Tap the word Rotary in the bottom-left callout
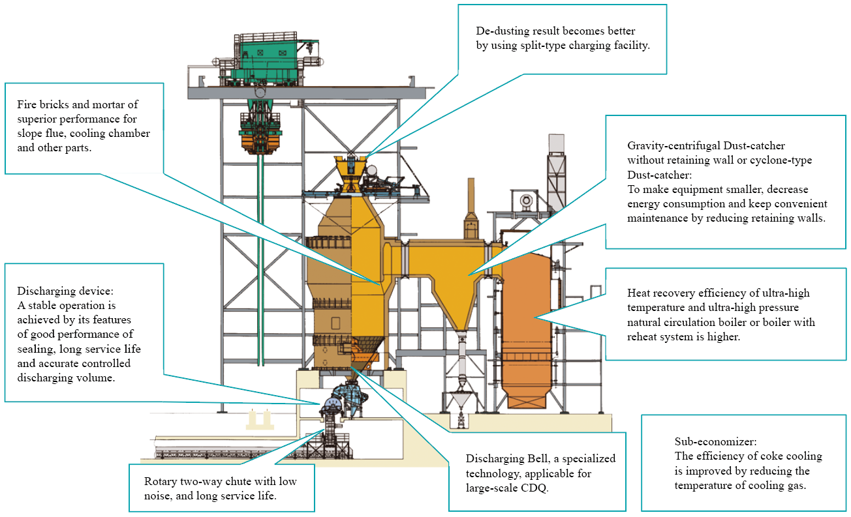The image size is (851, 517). pos(160,481)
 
